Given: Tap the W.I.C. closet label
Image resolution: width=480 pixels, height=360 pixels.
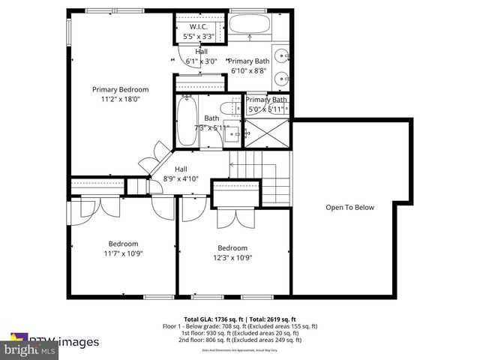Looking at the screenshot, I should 198,26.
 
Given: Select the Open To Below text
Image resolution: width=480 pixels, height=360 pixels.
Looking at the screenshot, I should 349,208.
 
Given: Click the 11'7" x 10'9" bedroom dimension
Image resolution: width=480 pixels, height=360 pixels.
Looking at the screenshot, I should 122,253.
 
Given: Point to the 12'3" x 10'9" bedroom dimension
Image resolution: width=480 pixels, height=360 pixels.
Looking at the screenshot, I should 232,257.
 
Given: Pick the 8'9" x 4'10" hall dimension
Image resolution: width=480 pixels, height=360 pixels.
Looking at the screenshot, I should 181,178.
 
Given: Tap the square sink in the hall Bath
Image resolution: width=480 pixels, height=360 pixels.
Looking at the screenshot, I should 232,136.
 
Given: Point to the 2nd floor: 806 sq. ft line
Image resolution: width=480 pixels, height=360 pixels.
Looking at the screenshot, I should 240,340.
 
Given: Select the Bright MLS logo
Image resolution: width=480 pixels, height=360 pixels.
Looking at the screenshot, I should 29,350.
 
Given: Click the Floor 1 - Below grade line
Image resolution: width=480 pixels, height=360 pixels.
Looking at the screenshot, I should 240,326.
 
